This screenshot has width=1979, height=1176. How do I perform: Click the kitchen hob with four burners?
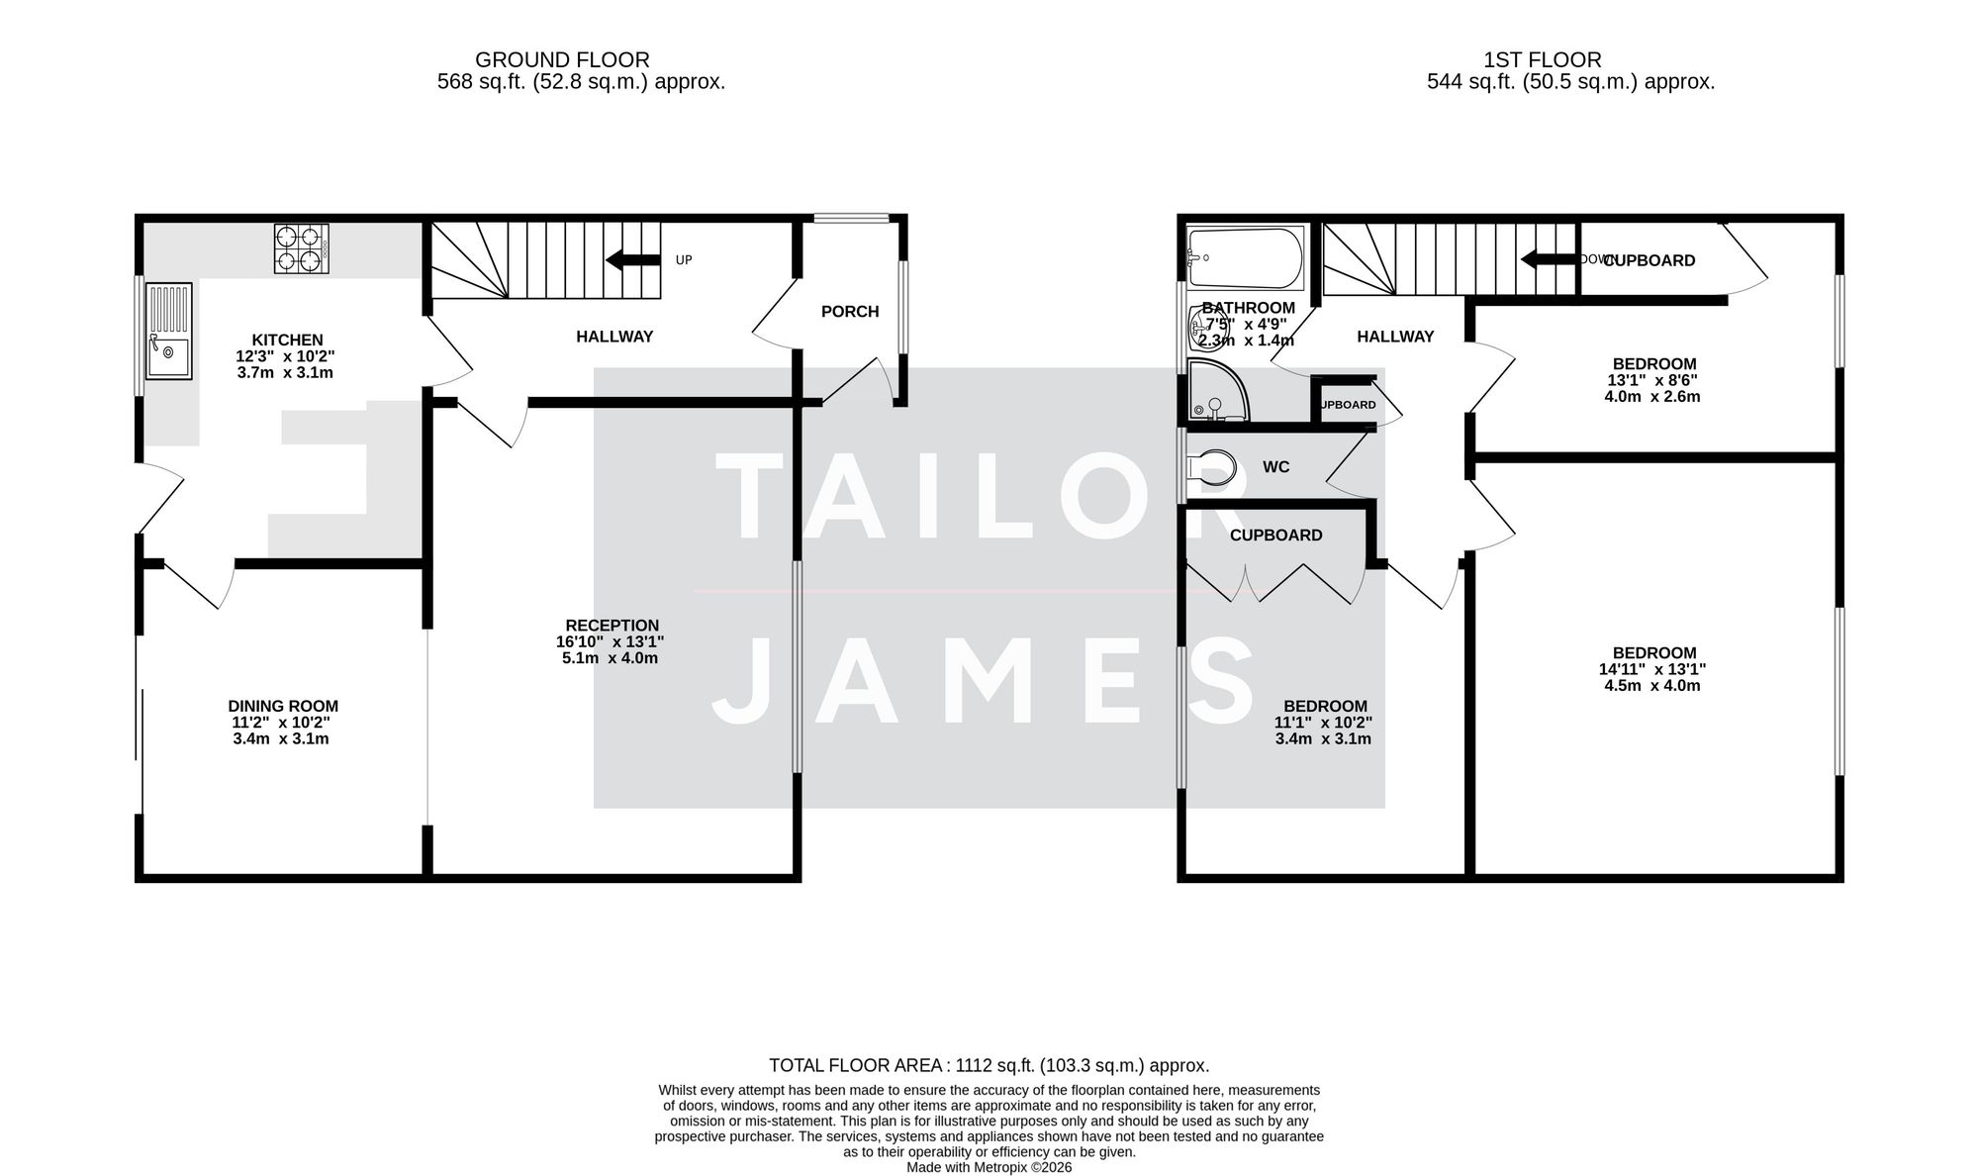(301, 249)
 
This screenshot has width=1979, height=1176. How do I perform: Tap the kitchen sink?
(169, 332)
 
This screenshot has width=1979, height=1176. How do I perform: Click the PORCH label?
(850, 312)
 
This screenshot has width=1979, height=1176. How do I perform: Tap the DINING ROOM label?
(283, 707)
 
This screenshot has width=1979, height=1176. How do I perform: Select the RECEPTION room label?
(612, 626)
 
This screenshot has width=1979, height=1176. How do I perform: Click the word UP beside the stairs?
(684, 260)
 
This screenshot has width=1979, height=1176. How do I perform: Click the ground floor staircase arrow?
(632, 260)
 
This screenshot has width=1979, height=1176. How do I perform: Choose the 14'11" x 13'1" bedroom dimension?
(1652, 669)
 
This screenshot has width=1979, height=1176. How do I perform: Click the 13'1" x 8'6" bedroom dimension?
(1652, 380)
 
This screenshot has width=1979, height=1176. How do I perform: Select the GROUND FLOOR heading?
(562, 60)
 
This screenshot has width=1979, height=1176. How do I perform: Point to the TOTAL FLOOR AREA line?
(989, 1066)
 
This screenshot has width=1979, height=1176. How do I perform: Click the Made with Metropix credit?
(989, 1168)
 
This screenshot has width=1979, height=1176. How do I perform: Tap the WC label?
(1276, 467)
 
